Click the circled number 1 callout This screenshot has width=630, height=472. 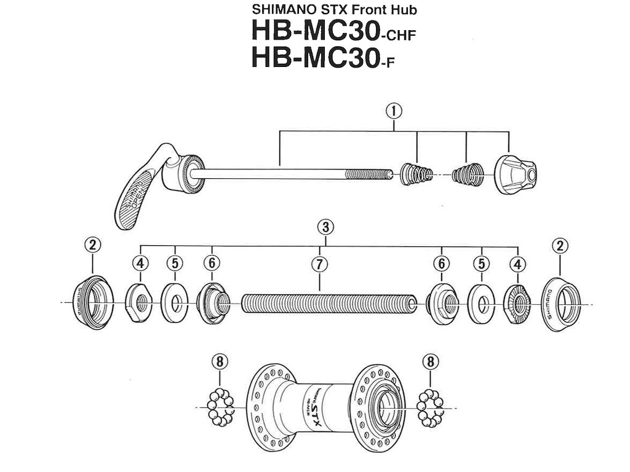click(394, 111)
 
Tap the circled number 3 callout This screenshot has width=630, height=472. click(326, 227)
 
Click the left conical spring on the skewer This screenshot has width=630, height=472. click(416, 174)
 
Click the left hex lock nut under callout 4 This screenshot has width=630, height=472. click(140, 302)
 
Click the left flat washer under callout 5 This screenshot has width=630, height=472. click(175, 302)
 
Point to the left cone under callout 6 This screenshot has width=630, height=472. click(212, 302)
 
